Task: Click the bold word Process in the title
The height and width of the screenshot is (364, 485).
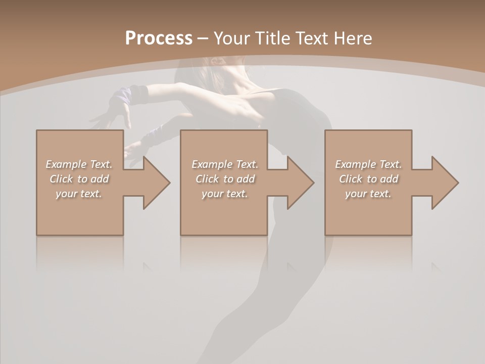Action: coord(159,38)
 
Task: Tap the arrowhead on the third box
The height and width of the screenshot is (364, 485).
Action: coord(444,183)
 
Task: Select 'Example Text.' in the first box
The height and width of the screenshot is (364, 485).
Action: coord(79,164)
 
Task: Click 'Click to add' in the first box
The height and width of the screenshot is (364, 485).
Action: coord(79,179)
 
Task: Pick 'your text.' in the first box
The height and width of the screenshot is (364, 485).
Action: coord(79,194)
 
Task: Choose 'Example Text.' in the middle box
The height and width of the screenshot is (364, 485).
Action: coord(225,164)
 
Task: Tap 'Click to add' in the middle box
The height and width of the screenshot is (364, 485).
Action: coord(225,179)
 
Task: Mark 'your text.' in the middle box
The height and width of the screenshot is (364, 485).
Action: coord(225,194)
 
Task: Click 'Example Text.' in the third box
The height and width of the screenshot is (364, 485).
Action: coord(368,164)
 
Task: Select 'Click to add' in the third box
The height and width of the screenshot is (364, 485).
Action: coord(368,179)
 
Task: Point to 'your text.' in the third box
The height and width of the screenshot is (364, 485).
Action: coord(368,194)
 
